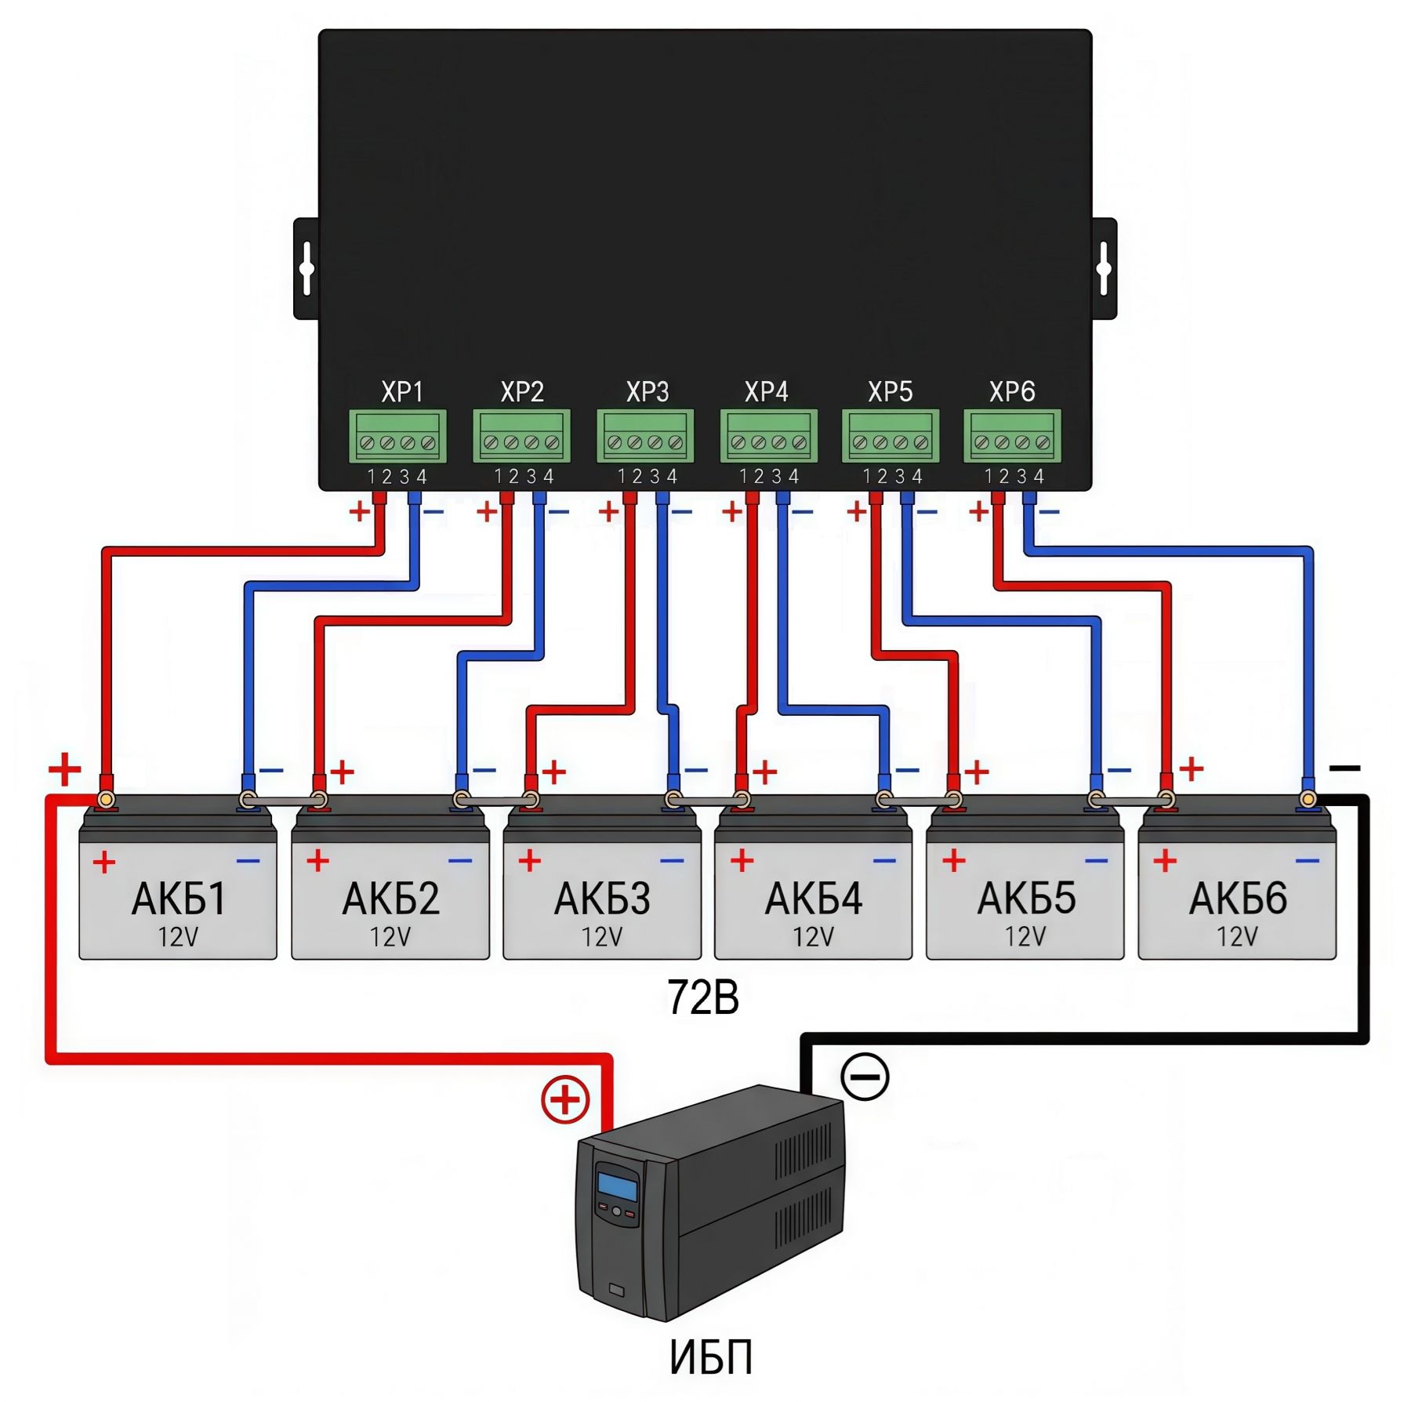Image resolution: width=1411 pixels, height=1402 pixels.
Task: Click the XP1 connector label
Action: tap(402, 391)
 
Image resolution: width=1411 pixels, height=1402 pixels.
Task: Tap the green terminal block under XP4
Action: tap(768, 436)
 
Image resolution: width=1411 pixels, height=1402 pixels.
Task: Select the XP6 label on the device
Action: tap(1011, 391)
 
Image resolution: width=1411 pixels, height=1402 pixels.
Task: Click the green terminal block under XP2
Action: tap(521, 436)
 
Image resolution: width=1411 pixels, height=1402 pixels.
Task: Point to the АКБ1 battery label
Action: tap(179, 899)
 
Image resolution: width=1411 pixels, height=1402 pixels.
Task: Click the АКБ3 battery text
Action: tap(602, 899)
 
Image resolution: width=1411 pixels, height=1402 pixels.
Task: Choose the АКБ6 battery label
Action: tap(1237, 899)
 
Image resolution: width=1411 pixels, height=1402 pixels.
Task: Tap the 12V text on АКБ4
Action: tap(813, 937)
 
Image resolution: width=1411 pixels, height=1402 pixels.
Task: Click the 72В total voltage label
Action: tap(702, 998)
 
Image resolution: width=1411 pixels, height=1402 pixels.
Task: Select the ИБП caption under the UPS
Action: tap(710, 1357)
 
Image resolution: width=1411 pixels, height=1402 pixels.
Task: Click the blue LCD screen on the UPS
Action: tap(618, 1185)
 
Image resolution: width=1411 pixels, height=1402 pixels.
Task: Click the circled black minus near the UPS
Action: tap(865, 1076)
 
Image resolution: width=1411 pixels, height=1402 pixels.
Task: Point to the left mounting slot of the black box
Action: tap(307, 269)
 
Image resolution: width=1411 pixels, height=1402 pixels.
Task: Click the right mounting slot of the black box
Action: tap(1104, 269)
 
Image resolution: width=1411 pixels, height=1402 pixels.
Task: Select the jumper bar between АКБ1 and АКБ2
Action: tap(283, 801)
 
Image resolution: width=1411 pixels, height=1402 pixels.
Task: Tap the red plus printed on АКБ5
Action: tap(953, 861)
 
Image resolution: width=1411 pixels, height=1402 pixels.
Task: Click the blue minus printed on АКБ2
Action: tap(460, 861)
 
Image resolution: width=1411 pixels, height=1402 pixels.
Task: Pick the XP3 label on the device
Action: tap(647, 391)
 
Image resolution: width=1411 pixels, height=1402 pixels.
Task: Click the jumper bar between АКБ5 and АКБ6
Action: tap(1131, 801)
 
